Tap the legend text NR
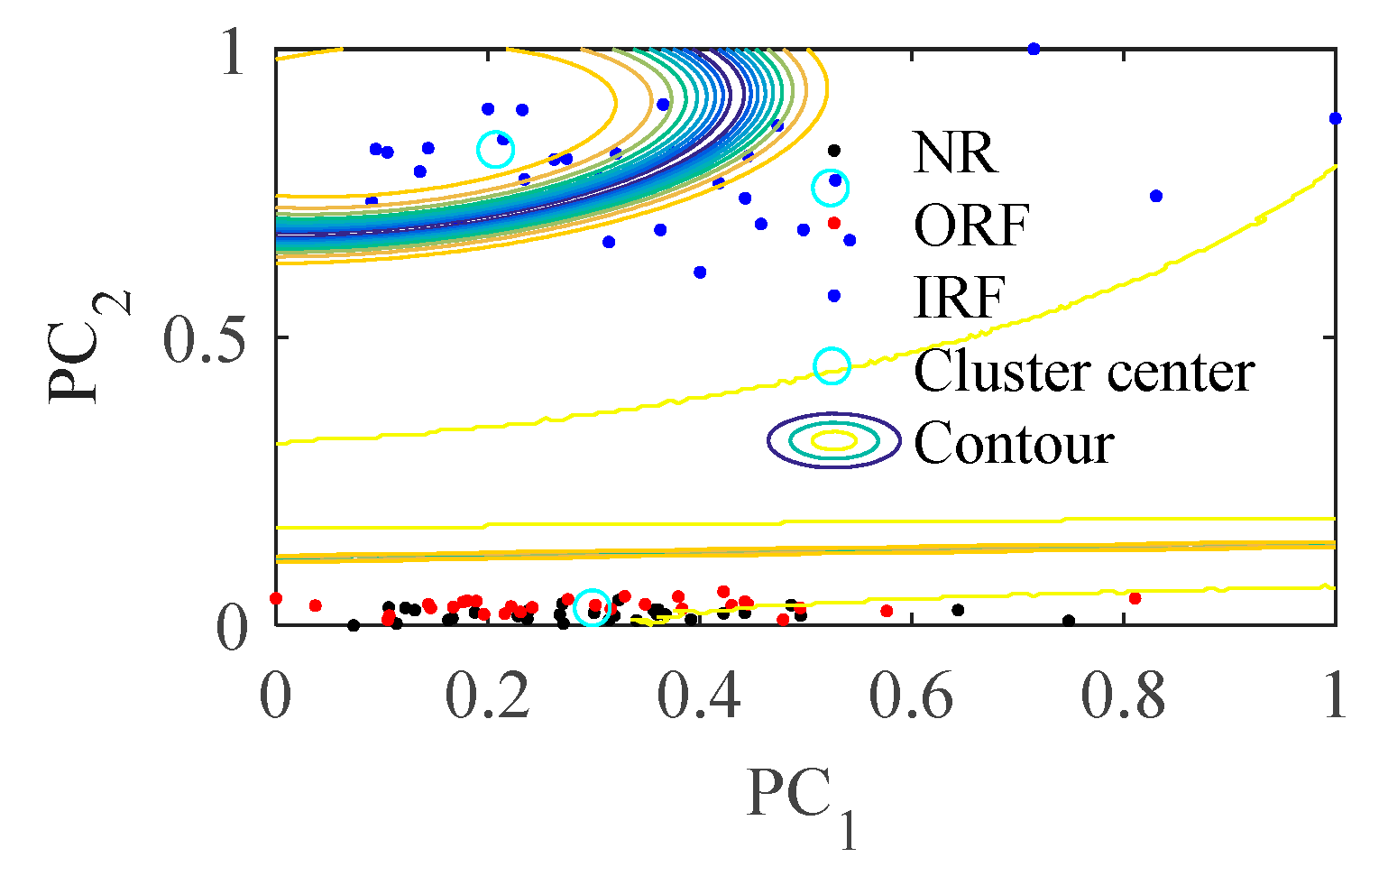point(955,153)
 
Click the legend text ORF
point(971,226)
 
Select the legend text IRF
point(959,298)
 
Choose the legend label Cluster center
point(1083,371)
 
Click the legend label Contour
point(1014,443)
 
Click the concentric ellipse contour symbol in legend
point(834,441)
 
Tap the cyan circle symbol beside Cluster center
point(832,366)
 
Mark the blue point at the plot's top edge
point(1034,49)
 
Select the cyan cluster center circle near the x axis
point(593,607)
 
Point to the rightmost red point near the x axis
point(1135,598)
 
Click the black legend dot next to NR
point(834,151)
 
